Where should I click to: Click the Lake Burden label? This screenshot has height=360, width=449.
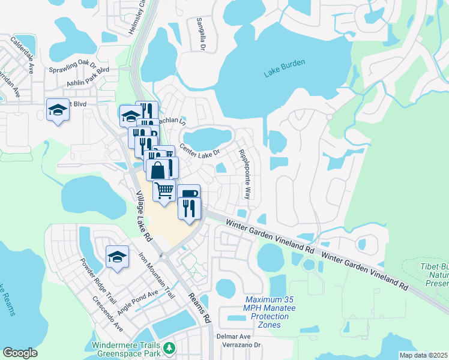pos(285,68)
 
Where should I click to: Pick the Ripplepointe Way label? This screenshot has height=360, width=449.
pos(244,175)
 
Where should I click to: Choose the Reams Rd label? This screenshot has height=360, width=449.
pos(200,308)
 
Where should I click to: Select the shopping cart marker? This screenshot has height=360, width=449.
pos(164,191)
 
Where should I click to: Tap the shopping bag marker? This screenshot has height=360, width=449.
pos(157,170)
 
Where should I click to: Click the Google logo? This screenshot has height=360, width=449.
pos(20,353)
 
